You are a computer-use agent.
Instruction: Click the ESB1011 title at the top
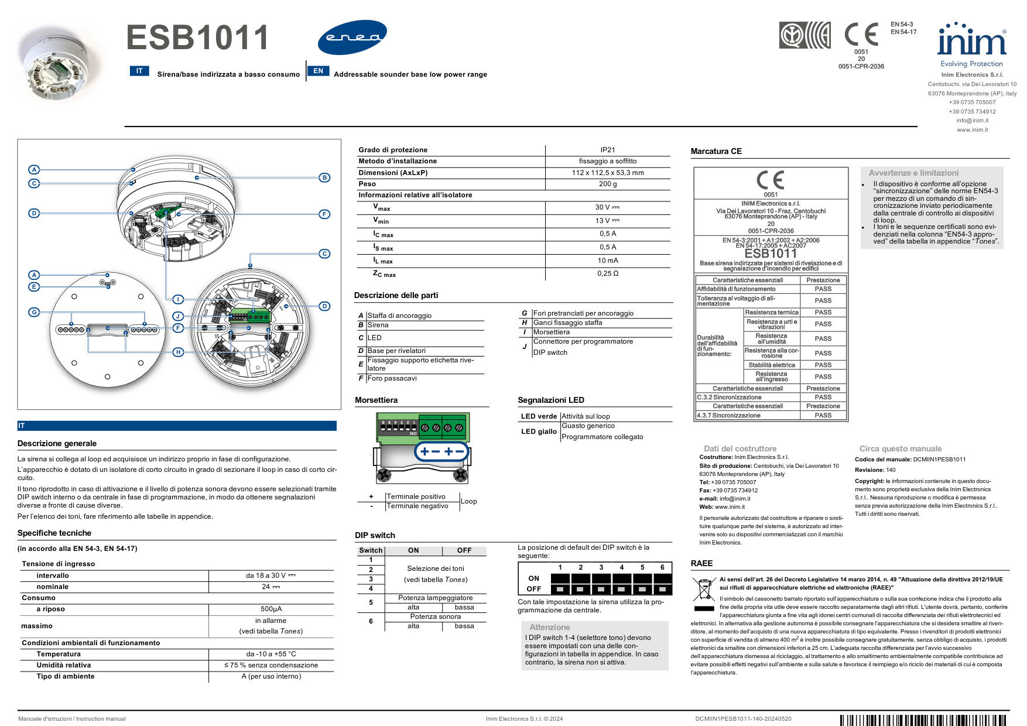pos(197,38)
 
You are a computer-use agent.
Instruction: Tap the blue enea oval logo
pos(352,37)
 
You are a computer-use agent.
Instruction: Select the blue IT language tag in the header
pos(139,71)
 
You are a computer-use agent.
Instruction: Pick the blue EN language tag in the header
pos(318,71)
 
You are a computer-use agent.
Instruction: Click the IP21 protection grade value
pos(608,150)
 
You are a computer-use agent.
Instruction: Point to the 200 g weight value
pos(608,184)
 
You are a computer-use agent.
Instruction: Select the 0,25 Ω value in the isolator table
pos(608,273)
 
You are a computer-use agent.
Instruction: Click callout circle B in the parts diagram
pos(324,177)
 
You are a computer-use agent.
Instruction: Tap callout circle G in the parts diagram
pos(35,312)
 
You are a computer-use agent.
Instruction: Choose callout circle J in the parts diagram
pos(178,316)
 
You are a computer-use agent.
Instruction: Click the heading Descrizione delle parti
pos(396,296)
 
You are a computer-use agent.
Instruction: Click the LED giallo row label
pos(539,432)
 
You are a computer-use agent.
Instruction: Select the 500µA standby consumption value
pos(271,609)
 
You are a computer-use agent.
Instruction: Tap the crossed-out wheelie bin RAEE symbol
pos(703,589)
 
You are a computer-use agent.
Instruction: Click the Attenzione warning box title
pos(549,627)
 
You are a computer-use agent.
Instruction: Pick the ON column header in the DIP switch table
pos(413,550)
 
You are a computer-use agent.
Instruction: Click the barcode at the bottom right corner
pos(924,720)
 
